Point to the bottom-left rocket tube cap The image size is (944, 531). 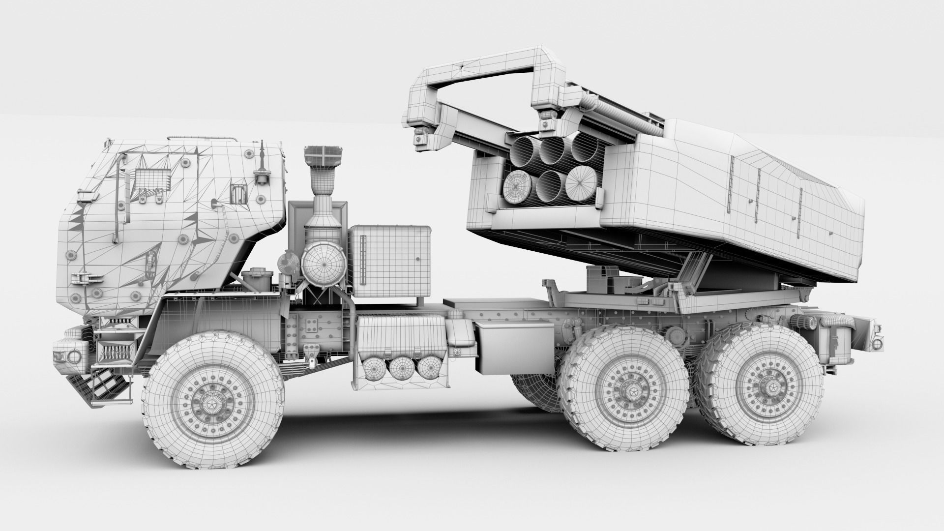518,187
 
